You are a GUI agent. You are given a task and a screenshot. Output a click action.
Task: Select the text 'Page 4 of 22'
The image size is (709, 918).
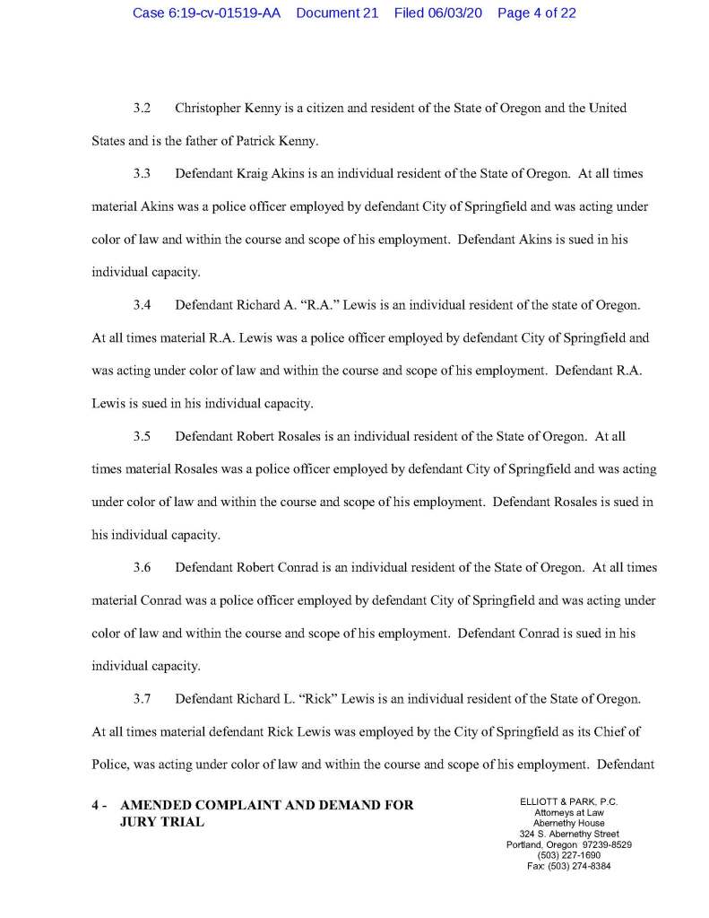(536, 13)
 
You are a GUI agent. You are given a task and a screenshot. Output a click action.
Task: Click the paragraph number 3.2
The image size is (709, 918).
(141, 109)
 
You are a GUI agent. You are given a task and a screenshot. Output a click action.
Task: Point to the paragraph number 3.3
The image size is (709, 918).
(141, 171)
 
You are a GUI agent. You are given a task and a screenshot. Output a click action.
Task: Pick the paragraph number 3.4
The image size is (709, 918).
(141, 305)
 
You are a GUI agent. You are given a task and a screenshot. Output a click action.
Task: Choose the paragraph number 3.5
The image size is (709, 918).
(141, 437)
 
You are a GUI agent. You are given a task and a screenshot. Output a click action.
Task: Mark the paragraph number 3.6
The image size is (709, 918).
(141, 568)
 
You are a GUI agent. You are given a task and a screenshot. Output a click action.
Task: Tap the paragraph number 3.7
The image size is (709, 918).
(141, 700)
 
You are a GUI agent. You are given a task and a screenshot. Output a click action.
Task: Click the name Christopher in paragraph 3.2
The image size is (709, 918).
(211, 109)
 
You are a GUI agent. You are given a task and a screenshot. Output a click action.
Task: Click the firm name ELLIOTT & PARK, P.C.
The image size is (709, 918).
(568, 801)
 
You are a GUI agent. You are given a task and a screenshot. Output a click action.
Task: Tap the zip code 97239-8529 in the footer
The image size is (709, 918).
(601, 845)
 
